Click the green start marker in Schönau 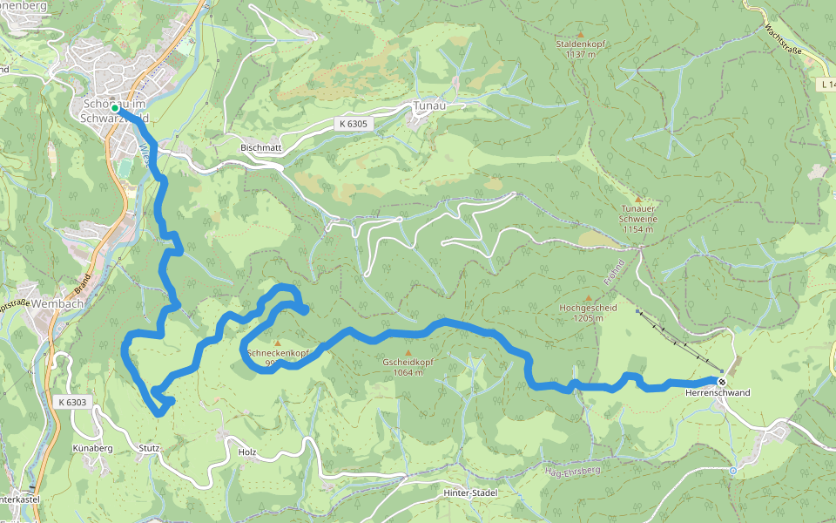(114, 108)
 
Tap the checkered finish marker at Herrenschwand (722, 381)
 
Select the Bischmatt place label (260, 148)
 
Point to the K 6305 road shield (353, 124)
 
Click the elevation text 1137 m (580, 54)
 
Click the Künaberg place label (92, 448)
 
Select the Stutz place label (148, 448)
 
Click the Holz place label (247, 452)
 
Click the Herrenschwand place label (718, 393)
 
